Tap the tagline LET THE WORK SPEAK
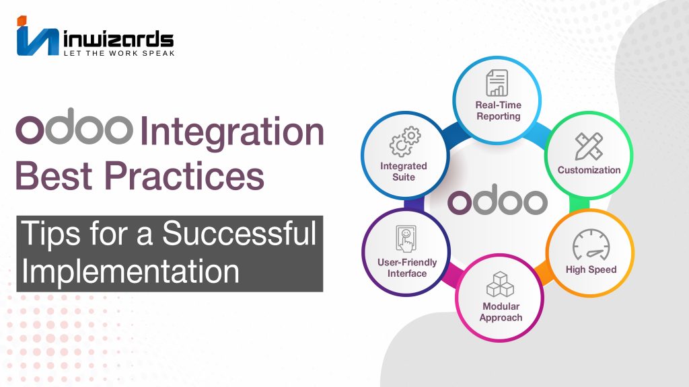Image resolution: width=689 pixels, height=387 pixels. [x=119, y=53]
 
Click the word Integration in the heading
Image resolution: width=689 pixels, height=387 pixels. [x=232, y=131]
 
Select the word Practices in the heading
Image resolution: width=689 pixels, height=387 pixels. [x=184, y=175]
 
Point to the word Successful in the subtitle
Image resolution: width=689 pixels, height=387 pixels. [x=240, y=233]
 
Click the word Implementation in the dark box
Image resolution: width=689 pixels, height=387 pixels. [x=131, y=271]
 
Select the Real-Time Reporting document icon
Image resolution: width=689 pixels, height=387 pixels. [x=497, y=83]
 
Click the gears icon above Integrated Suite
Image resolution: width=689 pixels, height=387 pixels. [x=404, y=142]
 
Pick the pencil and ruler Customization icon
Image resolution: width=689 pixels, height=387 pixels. [x=589, y=146]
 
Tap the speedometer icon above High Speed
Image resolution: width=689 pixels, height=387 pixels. [x=591, y=245]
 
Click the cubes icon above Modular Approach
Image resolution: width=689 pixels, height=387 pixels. [x=500, y=284]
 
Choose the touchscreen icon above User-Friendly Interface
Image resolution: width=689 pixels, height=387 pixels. [x=406, y=239]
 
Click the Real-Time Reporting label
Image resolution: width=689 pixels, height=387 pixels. [x=499, y=111]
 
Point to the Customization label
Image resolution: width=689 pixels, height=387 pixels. [x=589, y=170]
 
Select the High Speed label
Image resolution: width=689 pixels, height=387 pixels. [x=591, y=269]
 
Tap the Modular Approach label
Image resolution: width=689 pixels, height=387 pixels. [x=501, y=312]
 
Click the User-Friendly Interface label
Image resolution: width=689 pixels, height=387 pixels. [x=407, y=267]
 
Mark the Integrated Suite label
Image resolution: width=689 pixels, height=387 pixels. [x=404, y=171]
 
